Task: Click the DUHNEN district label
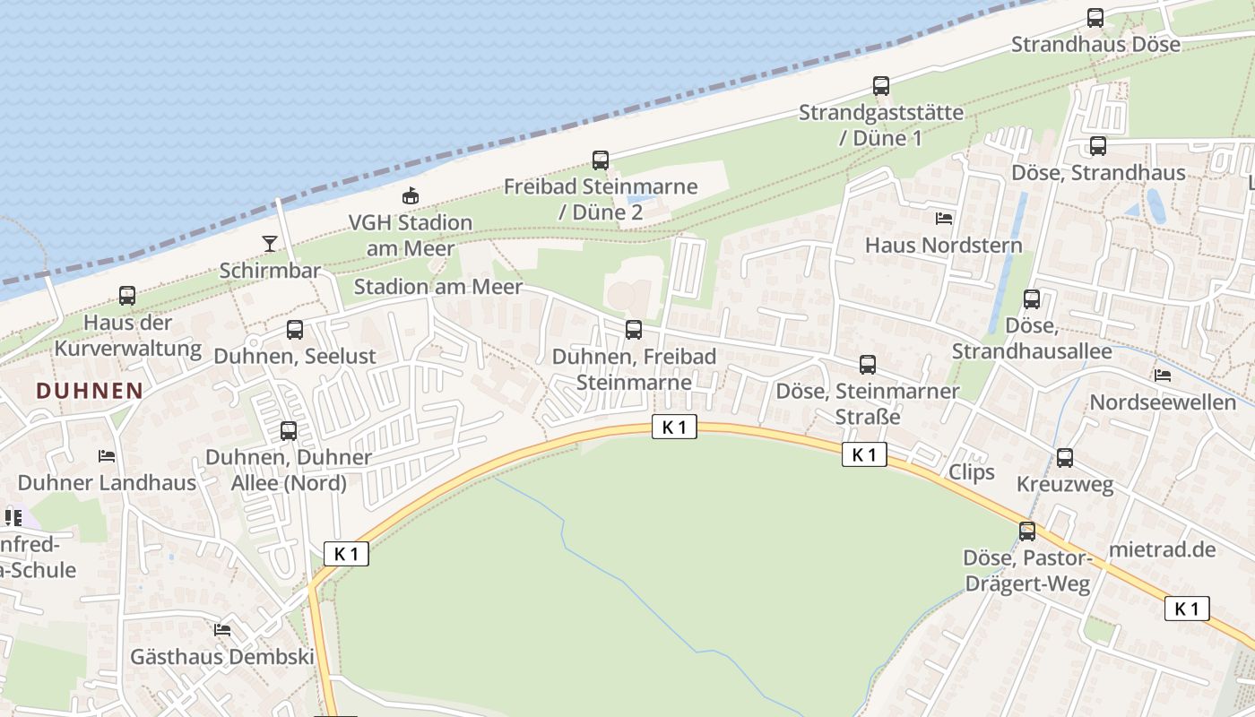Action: tap(90, 391)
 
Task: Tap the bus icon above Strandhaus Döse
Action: tap(1095, 17)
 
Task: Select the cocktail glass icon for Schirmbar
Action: tap(269, 243)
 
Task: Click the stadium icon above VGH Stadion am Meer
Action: tap(410, 195)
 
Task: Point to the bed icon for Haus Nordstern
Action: tap(943, 218)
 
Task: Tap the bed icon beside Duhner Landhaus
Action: tap(107, 455)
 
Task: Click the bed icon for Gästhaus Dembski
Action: tap(222, 630)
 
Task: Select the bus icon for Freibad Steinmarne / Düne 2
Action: tap(601, 160)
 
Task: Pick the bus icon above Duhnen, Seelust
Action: tap(295, 330)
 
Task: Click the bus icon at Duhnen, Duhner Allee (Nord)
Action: tap(288, 431)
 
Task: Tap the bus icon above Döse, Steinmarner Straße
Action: tap(867, 365)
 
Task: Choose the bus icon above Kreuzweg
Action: tap(1064, 458)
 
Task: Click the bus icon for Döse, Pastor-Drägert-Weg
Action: tap(1027, 531)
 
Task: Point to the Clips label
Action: tap(971, 471)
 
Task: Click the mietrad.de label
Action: tap(1162, 549)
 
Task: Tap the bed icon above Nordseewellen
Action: tap(1163, 376)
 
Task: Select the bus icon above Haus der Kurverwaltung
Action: tap(127, 296)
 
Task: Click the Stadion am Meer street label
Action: tap(437, 287)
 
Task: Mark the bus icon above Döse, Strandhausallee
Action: tap(1032, 299)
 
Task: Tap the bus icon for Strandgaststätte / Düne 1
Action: tap(881, 86)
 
